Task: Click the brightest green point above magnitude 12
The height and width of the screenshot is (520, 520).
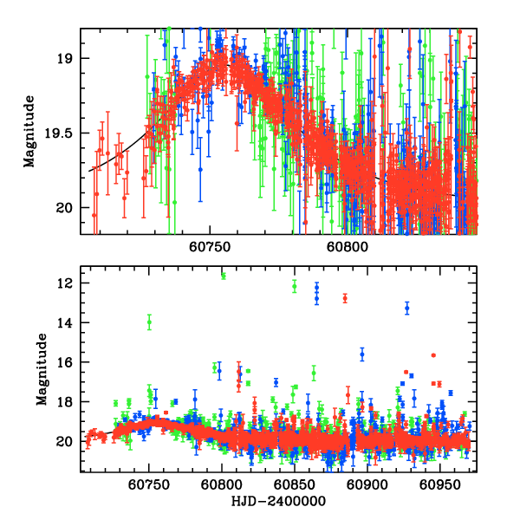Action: point(224,276)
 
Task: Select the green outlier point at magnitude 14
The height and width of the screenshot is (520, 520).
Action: point(149,322)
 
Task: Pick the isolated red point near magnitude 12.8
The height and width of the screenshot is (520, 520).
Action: point(345,298)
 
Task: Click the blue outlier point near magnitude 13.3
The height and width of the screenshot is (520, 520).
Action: point(406,308)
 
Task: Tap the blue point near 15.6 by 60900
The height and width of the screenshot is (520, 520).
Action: point(362,354)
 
